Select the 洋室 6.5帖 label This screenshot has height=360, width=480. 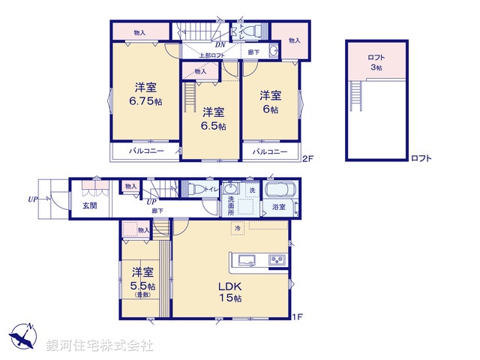[212, 119]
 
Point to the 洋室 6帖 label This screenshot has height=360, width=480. [270, 102]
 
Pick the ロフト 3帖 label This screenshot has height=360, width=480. [375, 62]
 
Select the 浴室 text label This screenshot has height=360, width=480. [278, 205]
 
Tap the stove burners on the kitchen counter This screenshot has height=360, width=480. [275, 261]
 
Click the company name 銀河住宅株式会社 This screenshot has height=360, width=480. [100, 346]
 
